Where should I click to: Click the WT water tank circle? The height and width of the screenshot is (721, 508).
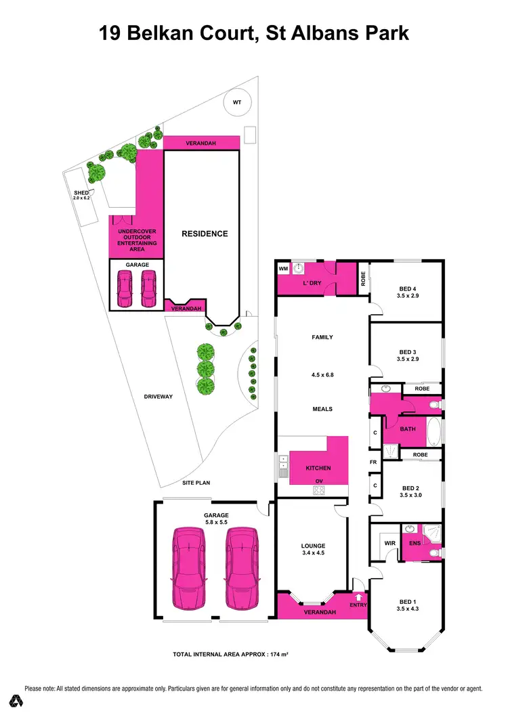coord(237,103)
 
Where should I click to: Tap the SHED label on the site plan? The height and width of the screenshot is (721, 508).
coord(81,193)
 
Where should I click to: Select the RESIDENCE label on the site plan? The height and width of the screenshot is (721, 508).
coord(205,234)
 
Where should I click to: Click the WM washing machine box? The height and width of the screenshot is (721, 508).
coord(283,269)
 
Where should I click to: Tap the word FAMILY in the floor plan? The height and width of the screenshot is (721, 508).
coord(322,337)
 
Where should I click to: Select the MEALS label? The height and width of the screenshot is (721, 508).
coord(322,409)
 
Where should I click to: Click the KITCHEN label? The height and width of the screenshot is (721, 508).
coord(318,468)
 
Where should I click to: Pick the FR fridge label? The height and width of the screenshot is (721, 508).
coord(373,462)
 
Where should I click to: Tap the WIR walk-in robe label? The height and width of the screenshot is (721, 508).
coord(389,543)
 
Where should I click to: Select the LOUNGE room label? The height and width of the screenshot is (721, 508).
coord(313,546)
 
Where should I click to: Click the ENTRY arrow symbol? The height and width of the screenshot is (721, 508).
coord(358,597)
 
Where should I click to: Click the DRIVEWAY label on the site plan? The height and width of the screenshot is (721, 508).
coord(158,397)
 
